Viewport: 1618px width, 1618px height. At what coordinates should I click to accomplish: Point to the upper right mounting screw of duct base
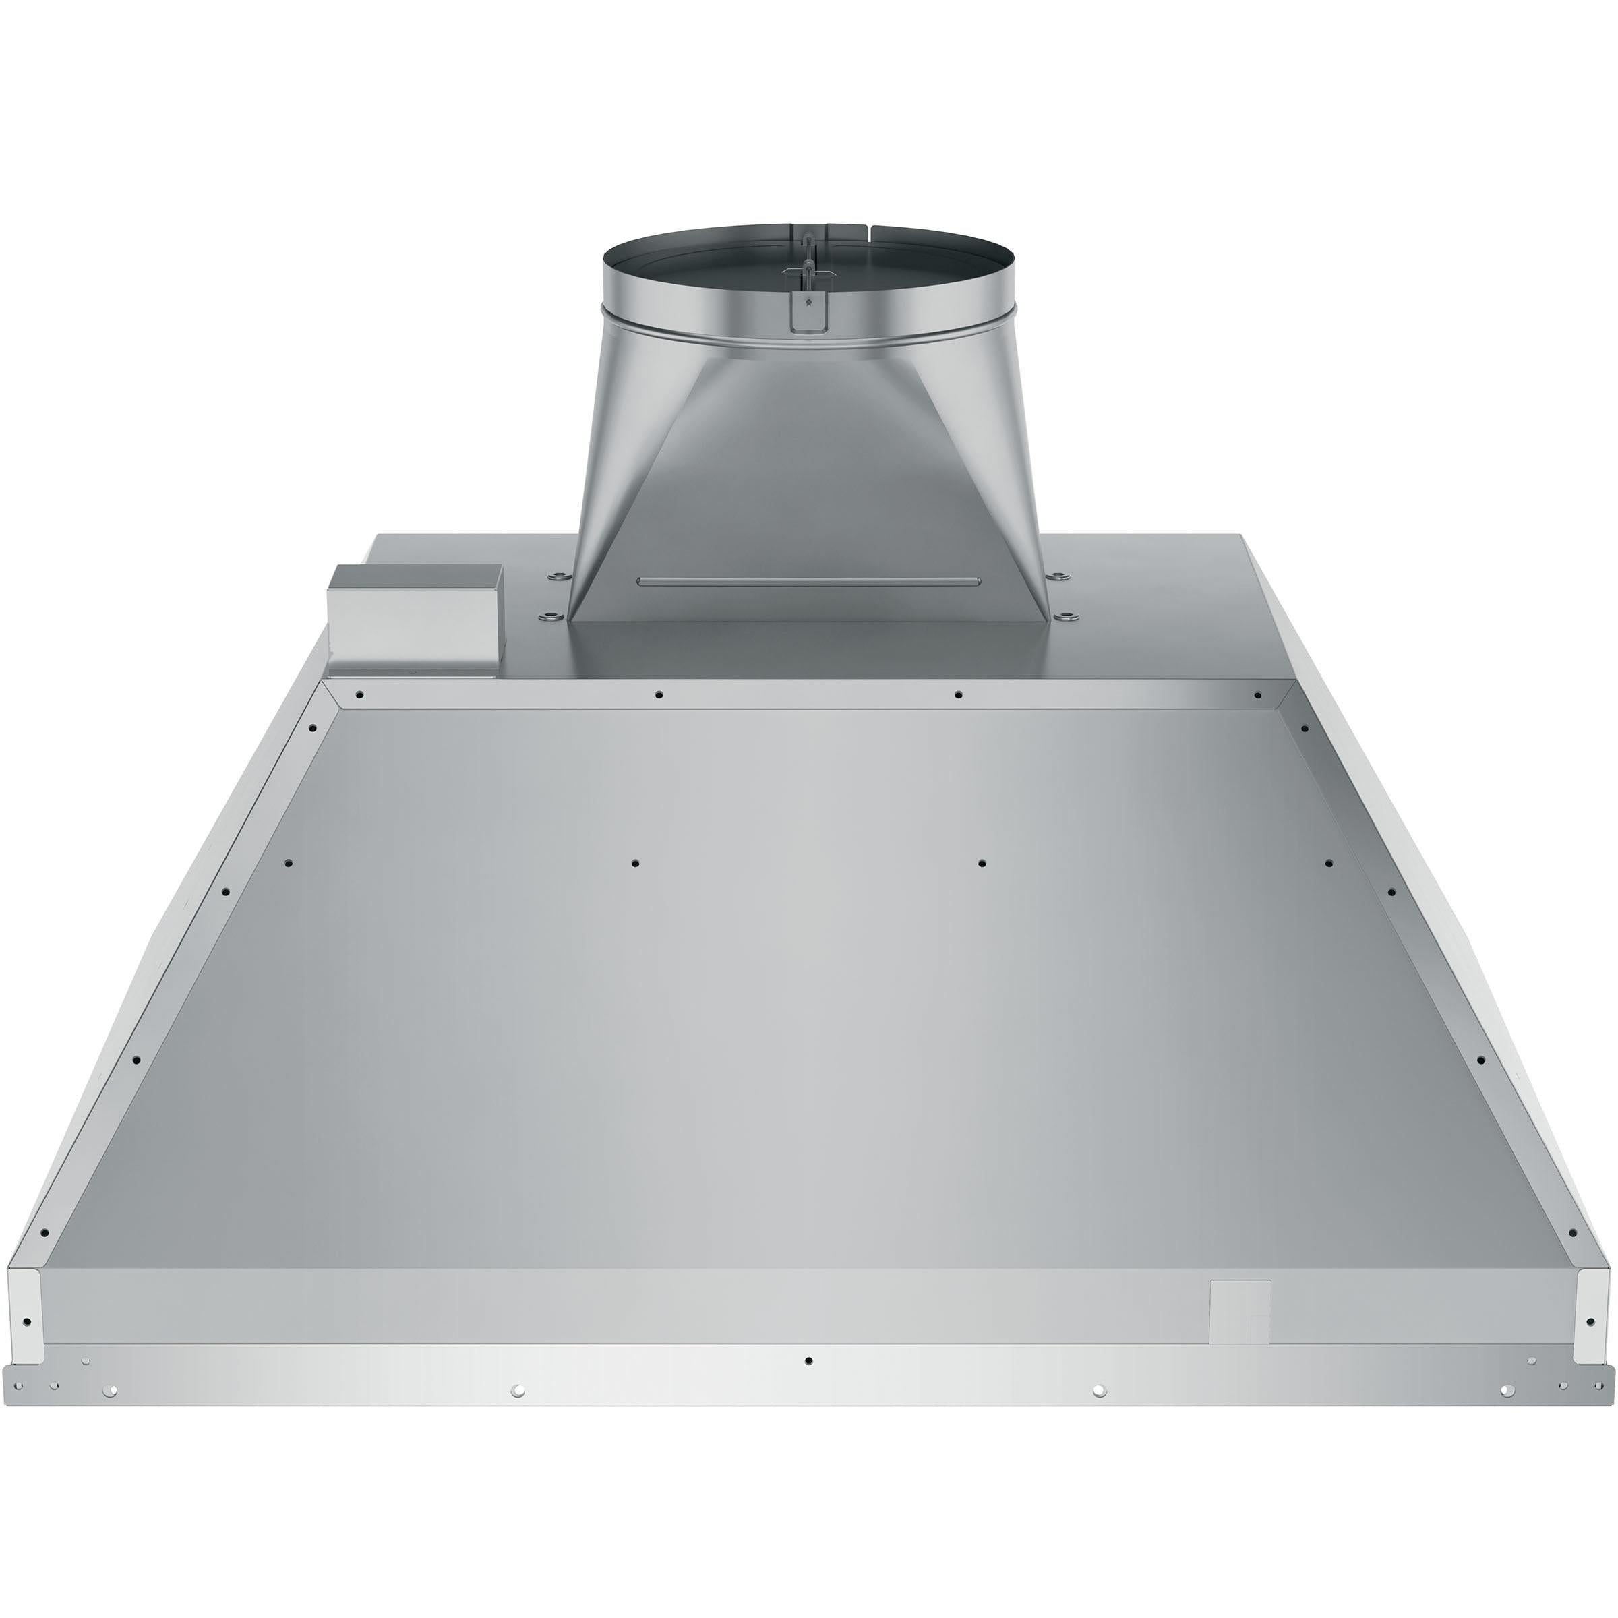tap(1060, 576)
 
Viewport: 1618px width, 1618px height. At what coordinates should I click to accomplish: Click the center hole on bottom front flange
tap(808, 1361)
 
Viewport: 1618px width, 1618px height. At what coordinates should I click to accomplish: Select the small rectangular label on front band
tap(1241, 1308)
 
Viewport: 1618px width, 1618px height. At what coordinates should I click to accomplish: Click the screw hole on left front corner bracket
tap(27, 1322)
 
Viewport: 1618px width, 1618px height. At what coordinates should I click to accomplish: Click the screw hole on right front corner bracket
tap(1590, 1322)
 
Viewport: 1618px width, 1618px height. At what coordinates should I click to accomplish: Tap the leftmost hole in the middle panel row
tap(289, 863)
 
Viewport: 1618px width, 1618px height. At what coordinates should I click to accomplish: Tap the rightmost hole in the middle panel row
tap(1328, 863)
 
